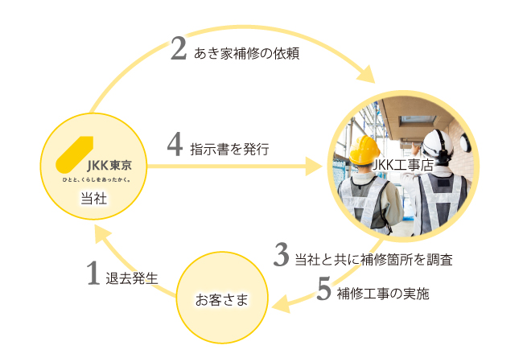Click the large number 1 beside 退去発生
(94, 274)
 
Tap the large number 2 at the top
(179, 50)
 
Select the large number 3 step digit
(281, 255)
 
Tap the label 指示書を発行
(229, 149)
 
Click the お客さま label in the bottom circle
(222, 300)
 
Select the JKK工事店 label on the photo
(404, 163)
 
